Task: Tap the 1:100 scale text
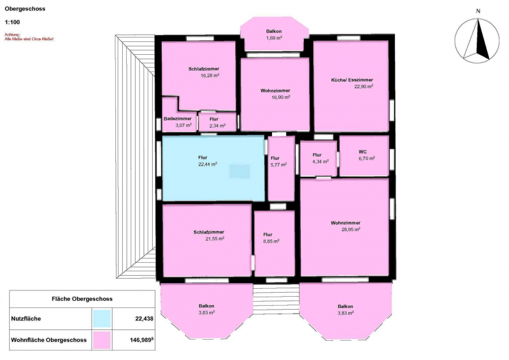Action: tap(12, 23)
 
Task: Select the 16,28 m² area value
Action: tap(210, 76)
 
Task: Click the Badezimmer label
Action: tap(178, 119)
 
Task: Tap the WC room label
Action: tap(363, 152)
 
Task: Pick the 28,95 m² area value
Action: tap(351, 229)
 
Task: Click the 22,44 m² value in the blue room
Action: tap(208, 164)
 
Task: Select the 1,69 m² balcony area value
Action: tap(274, 38)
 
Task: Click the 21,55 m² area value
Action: tap(215, 238)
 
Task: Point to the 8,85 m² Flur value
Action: tap(271, 241)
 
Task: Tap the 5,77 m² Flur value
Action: tap(278, 165)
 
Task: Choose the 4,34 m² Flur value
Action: tap(321, 162)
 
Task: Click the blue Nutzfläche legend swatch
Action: tap(102, 319)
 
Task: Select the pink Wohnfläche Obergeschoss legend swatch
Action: tap(102, 340)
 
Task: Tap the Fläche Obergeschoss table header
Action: tap(82, 299)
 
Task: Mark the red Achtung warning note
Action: tap(29, 37)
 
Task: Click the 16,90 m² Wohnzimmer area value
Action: tap(281, 97)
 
